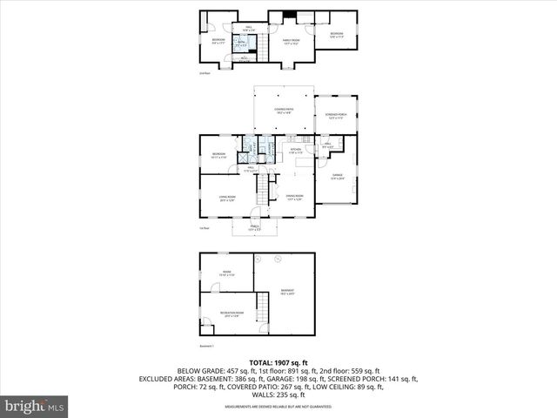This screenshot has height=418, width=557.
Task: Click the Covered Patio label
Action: coord(283,111)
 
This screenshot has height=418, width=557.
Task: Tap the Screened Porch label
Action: coord(336,116)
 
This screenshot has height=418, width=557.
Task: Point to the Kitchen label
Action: coord(296,151)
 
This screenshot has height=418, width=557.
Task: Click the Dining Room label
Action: coord(294,198)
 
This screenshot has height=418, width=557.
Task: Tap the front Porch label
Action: coord(255,228)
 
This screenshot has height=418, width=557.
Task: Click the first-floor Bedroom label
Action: coord(218,156)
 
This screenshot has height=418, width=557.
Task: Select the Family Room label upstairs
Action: coord(290,41)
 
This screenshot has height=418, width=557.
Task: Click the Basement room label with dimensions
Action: coord(287,292)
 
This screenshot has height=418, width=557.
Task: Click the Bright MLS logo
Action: coord(35,406)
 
